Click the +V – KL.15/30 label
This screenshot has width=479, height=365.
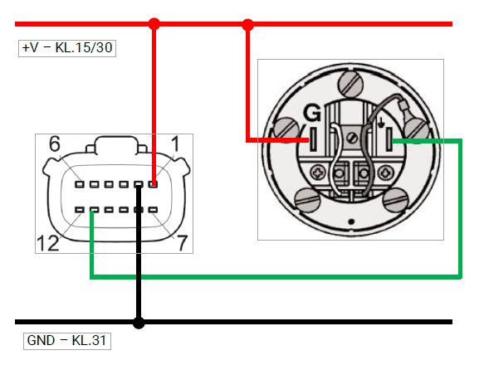coord(67,47)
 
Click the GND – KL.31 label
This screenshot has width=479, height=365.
coord(66,340)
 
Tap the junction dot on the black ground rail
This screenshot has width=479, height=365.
coord(139,323)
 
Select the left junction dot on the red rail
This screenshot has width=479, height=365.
coord(154,24)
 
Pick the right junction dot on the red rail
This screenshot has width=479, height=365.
coord(247,24)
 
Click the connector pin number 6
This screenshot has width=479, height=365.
coord(55,144)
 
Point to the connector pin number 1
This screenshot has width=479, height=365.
coord(175,144)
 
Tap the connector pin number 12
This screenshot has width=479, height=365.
coord(47,243)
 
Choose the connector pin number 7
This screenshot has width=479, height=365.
coord(182,243)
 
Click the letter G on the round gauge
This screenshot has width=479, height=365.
coord(312,113)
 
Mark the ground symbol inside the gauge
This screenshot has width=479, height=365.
coord(381,123)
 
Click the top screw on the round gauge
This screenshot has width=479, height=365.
coord(350,84)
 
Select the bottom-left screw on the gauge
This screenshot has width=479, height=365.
coord(308,200)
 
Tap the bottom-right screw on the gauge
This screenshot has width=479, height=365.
coord(396,200)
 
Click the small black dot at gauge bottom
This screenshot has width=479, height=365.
coord(351,221)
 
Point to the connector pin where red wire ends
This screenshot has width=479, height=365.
coord(153,184)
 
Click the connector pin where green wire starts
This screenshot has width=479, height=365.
coord(94,210)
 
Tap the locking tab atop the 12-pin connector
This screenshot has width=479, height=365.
coord(116,144)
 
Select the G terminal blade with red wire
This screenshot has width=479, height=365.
coord(313,139)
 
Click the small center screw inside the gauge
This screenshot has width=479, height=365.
coord(353,138)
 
